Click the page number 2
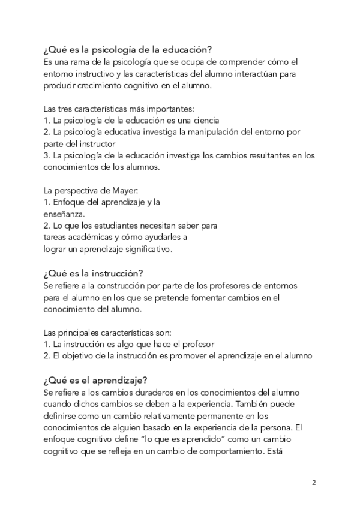click(314, 483)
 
